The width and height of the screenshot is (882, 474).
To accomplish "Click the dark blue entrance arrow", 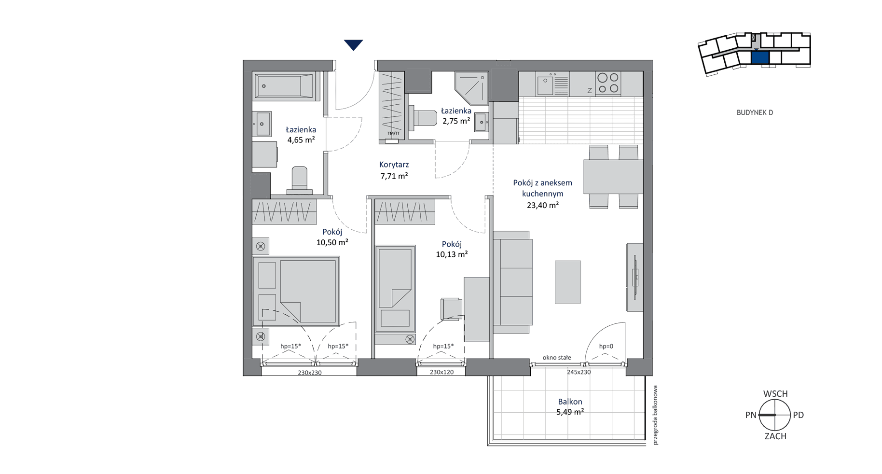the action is pyautogui.click(x=353, y=45).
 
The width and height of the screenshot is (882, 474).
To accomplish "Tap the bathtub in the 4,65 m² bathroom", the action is pyautogui.click(x=285, y=86).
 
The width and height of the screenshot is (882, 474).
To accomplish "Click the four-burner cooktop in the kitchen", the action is pyautogui.click(x=608, y=83).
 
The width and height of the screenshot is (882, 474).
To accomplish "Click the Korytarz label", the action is pyautogui.click(x=394, y=165).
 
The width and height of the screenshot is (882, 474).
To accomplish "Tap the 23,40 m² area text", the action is pyautogui.click(x=543, y=205).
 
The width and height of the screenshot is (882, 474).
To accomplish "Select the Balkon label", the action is pyautogui.click(x=570, y=402).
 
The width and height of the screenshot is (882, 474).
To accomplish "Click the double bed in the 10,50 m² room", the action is pyautogui.click(x=296, y=291).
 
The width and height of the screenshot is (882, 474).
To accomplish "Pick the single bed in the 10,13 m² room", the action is pyautogui.click(x=395, y=289).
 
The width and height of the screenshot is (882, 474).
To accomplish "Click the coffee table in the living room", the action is pyautogui.click(x=568, y=282).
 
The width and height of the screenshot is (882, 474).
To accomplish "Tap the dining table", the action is pyautogui.click(x=613, y=177).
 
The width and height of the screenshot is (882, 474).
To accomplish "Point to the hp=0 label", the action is pyautogui.click(x=606, y=346).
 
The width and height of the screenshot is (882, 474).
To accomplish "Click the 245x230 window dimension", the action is pyautogui.click(x=579, y=372).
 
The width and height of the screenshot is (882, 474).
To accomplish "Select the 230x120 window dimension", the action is pyautogui.click(x=441, y=372).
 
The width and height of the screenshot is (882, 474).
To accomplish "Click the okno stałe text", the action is pyautogui.click(x=557, y=358).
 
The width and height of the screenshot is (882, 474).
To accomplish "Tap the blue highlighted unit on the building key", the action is pyautogui.click(x=760, y=58).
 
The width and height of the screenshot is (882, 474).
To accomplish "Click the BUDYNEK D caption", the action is pyautogui.click(x=755, y=112).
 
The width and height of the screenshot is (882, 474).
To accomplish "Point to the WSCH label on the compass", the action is pyautogui.click(x=775, y=394).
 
